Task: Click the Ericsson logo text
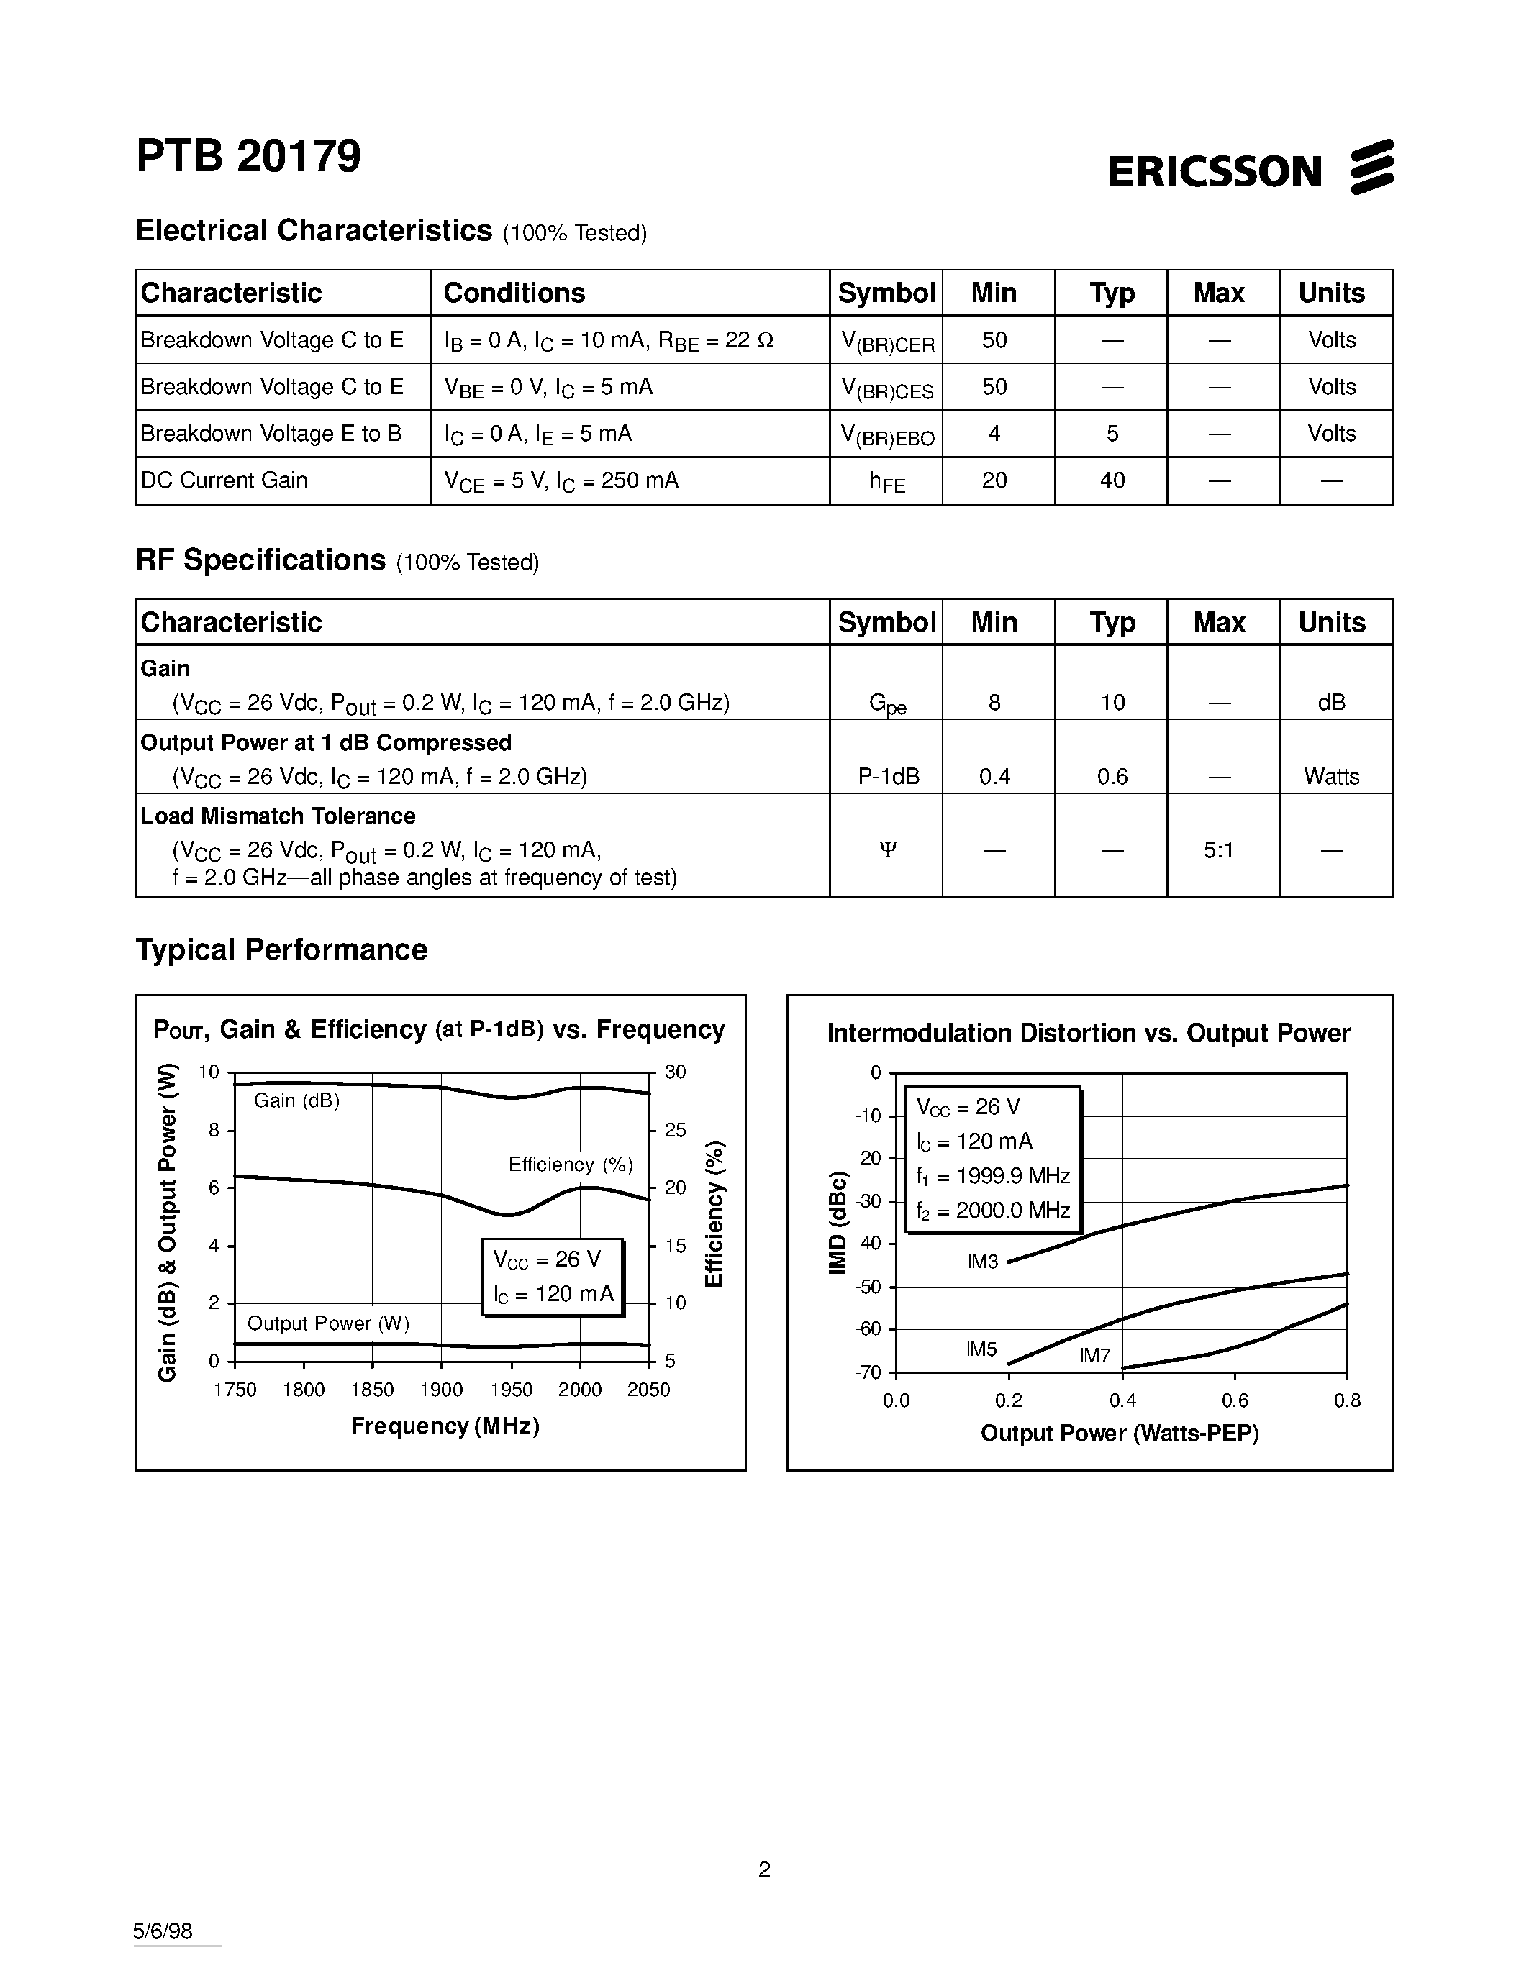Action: point(1215,170)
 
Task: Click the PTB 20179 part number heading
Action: point(248,156)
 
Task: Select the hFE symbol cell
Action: point(886,481)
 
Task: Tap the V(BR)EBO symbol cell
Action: point(886,434)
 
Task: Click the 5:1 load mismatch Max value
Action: point(1218,849)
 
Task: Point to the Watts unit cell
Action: point(1330,776)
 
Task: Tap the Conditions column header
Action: point(514,293)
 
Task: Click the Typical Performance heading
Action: point(281,949)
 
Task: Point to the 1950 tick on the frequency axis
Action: point(511,1390)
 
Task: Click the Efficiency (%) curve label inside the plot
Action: point(571,1165)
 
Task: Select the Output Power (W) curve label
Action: point(328,1323)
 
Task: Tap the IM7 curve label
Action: point(1094,1356)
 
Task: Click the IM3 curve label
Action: point(983,1262)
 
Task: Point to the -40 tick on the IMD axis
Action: point(868,1244)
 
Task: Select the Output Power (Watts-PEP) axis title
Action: point(1120,1433)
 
